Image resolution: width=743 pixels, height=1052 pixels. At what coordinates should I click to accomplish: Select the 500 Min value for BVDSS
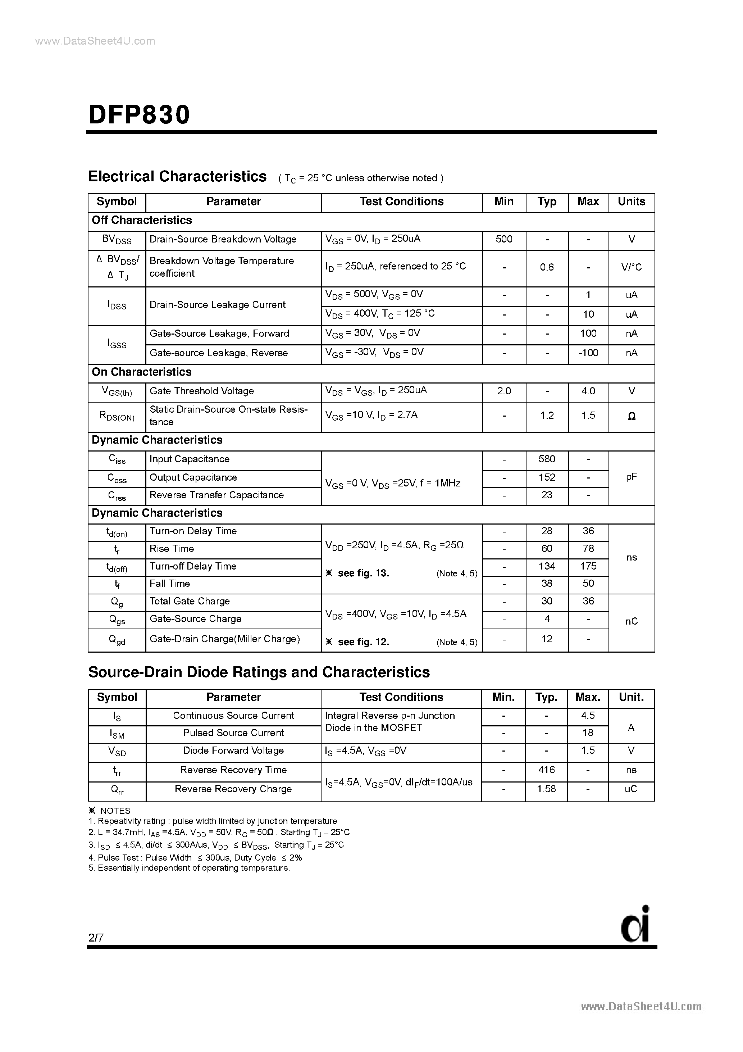503,239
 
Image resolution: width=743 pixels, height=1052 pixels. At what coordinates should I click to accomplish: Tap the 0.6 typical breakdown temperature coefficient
547,267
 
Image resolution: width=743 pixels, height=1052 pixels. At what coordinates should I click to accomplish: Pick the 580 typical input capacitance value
547,459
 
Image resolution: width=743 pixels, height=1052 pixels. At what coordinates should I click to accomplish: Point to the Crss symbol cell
117,496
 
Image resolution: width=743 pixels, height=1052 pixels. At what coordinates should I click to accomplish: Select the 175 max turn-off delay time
588,566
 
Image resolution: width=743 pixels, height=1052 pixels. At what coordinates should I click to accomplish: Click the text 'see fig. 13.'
363,573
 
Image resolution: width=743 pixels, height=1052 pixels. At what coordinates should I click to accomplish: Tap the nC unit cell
631,621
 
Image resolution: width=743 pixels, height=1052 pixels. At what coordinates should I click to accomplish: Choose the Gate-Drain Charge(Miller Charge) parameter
224,639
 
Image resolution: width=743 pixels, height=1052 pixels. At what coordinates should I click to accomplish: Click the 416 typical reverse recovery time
547,770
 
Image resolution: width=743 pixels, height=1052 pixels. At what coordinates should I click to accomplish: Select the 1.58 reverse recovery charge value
547,789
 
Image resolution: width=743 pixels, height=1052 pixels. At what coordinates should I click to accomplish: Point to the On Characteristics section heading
142,372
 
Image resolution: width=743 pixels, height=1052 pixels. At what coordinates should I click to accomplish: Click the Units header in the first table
631,201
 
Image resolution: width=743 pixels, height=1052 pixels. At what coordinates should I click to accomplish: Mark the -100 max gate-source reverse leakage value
588,353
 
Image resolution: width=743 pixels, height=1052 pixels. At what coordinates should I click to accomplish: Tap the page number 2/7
96,938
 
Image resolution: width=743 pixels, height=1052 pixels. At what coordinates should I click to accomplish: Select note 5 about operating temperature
189,868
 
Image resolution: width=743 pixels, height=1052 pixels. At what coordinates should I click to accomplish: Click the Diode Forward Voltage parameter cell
233,751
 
